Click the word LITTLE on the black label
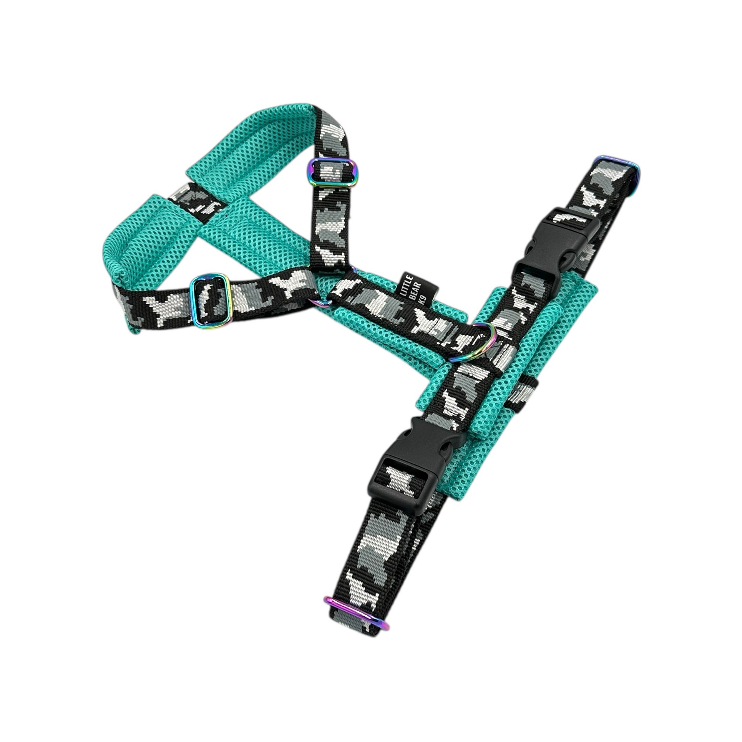pos(405,283)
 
